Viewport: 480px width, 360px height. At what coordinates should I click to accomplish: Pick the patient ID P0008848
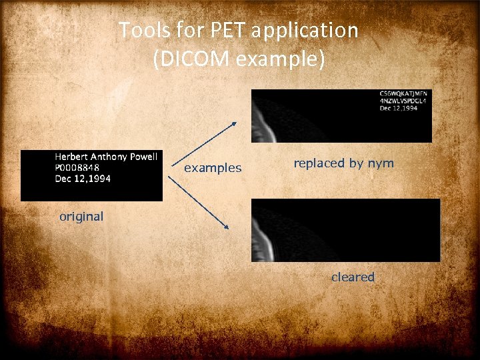pyautogui.click(x=77, y=167)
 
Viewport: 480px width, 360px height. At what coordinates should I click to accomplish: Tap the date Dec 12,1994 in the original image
pyautogui.click(x=83, y=178)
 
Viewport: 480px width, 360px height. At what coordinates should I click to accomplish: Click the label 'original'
pyautogui.click(x=81, y=216)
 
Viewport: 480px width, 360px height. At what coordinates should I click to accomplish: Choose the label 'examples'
pyautogui.click(x=213, y=168)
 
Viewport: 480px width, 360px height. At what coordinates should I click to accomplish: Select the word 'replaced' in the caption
pyautogui.click(x=319, y=163)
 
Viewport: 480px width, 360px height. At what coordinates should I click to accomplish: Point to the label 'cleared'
pyautogui.click(x=353, y=277)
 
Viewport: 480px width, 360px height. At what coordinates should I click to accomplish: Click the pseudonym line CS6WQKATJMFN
pyautogui.click(x=403, y=93)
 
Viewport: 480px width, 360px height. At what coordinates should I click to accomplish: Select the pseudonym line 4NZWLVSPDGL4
pyautogui.click(x=403, y=101)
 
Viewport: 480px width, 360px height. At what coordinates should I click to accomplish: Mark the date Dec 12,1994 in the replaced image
pyautogui.click(x=399, y=109)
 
